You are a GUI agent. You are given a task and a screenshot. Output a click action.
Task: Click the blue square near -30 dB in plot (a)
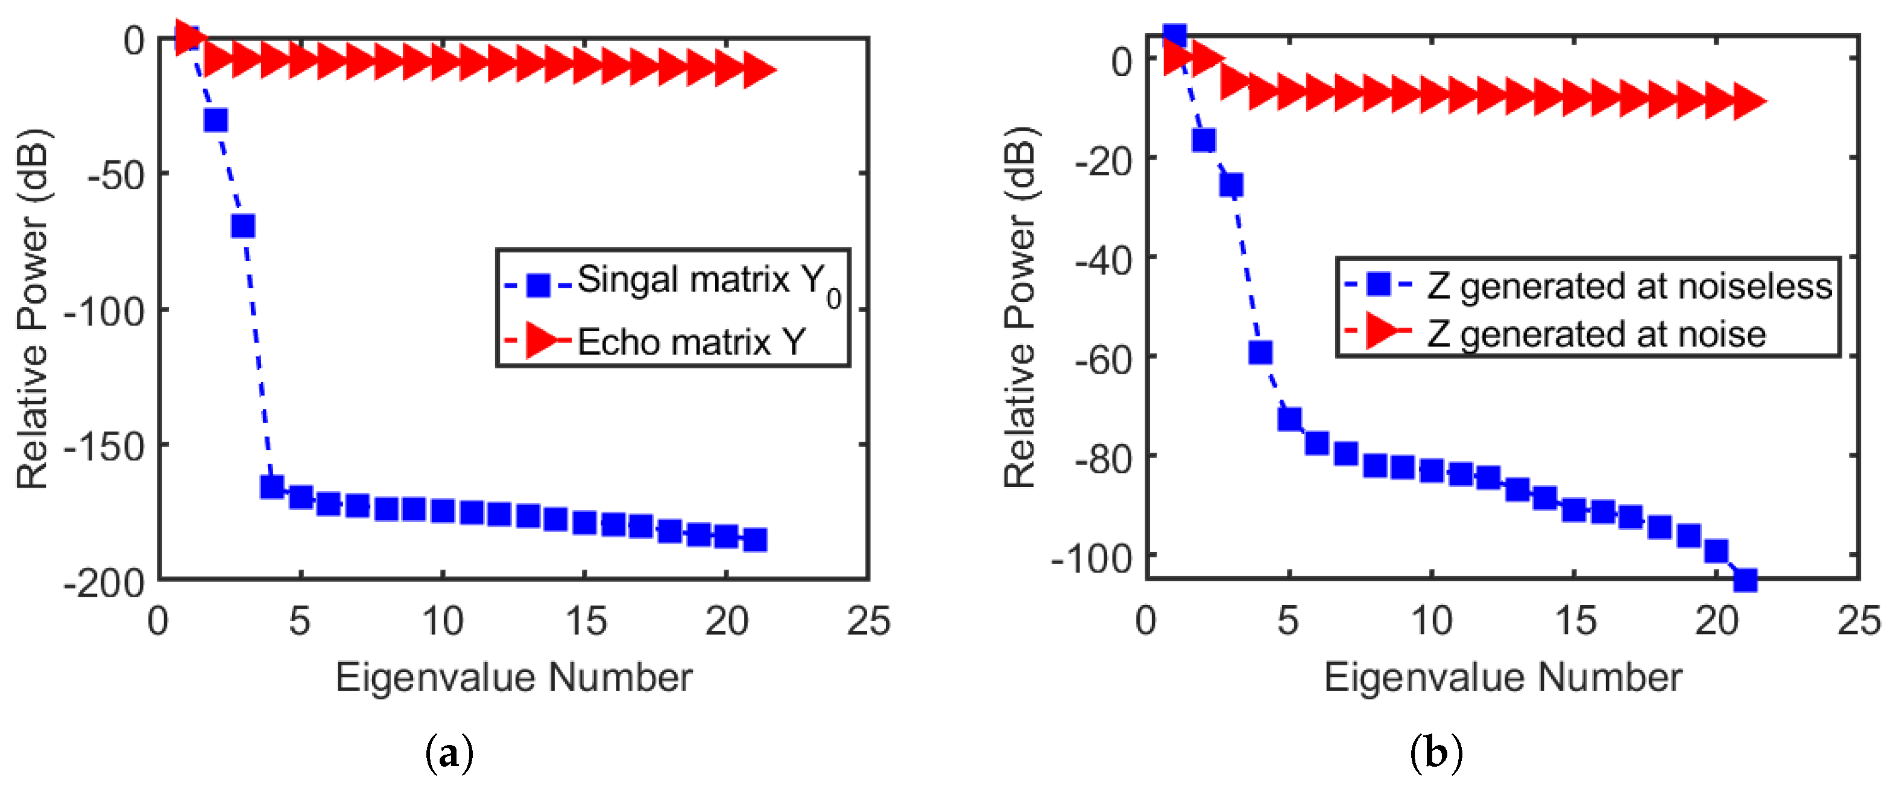pos(215,120)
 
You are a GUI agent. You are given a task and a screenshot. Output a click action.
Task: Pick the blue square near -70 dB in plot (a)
pos(243,225)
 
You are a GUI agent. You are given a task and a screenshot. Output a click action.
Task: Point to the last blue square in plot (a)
pos(754,540)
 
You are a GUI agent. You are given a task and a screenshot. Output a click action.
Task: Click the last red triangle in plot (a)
pos(759,70)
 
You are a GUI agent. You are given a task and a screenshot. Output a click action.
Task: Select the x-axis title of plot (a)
pos(514,677)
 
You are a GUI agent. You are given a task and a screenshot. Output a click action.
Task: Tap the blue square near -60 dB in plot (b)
pos(1260,353)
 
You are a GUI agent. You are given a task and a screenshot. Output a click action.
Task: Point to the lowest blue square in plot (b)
pos(1745,580)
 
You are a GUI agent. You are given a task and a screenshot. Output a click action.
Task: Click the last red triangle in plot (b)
pos(1749,101)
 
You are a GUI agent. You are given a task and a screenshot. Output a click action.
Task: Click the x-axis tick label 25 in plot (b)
pos(1859,621)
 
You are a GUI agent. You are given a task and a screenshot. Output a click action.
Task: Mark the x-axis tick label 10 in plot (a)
pos(443,621)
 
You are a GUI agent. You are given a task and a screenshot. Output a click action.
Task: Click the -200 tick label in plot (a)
pos(105,584)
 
